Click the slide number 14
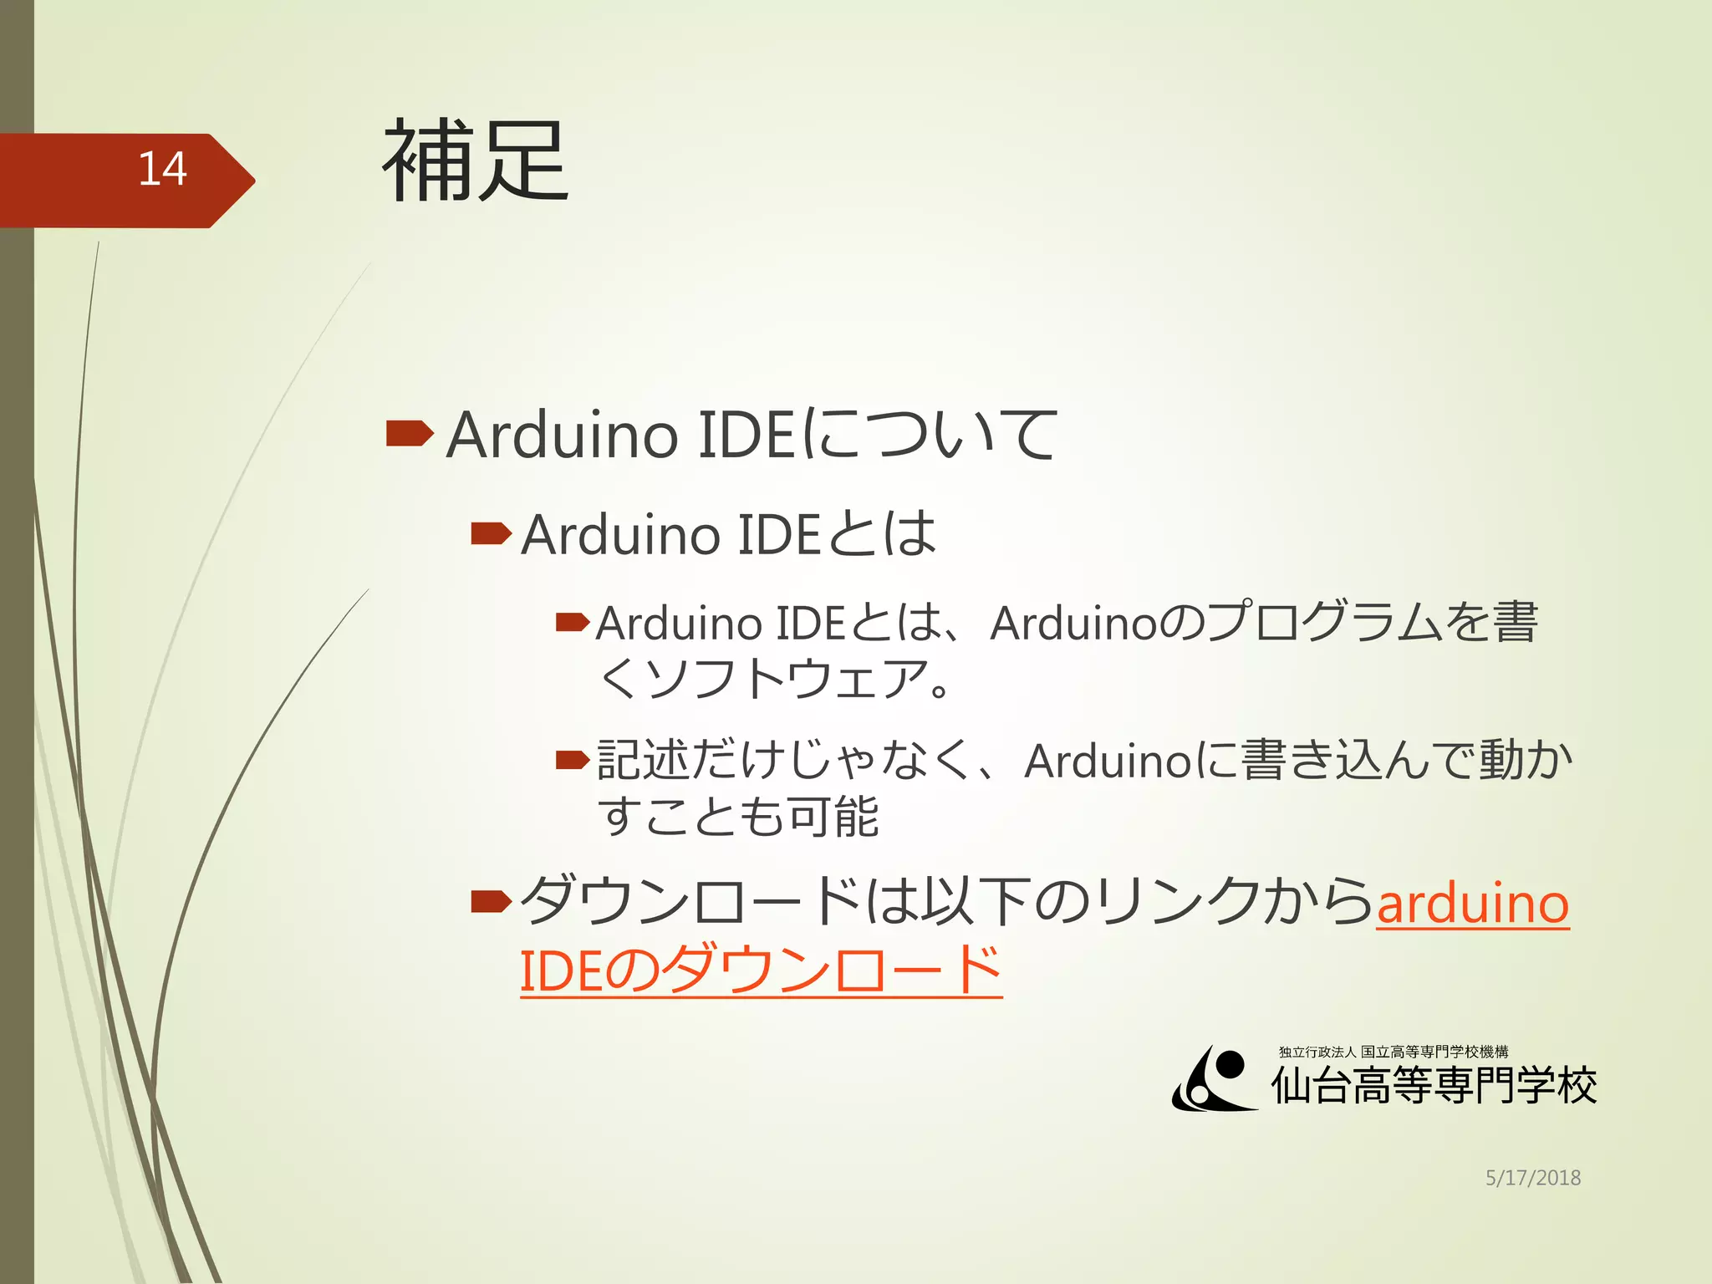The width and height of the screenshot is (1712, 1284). (x=162, y=170)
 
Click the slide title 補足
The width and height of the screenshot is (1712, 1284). (x=476, y=160)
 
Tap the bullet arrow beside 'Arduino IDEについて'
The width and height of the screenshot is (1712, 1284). (x=410, y=433)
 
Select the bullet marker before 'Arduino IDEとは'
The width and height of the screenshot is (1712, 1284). (x=491, y=533)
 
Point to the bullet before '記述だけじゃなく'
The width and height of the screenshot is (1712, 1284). (x=573, y=760)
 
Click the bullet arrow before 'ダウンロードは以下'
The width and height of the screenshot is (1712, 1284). (x=491, y=901)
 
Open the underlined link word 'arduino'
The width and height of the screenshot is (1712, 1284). (x=1472, y=904)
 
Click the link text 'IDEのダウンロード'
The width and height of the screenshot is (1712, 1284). (x=761, y=971)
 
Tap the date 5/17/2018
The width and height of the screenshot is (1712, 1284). (x=1532, y=1178)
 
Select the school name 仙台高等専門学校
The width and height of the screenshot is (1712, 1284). (x=1434, y=1087)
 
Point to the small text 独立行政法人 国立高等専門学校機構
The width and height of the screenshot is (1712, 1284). (x=1393, y=1052)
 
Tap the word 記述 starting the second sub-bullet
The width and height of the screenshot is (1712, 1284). (x=642, y=761)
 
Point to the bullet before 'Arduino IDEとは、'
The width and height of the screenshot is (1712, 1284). (x=573, y=622)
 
